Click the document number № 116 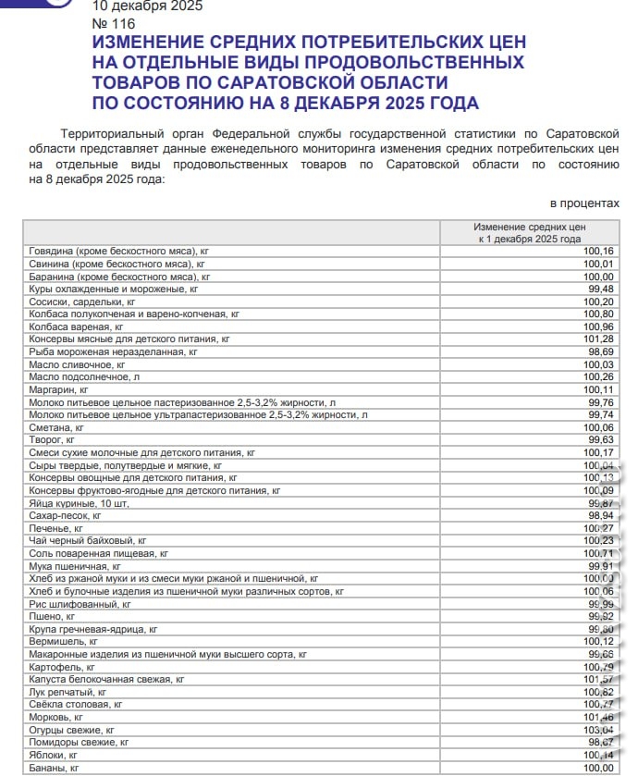point(115,22)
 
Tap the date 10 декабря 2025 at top point(148,6)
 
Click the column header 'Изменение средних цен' point(530,227)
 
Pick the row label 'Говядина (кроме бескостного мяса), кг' point(119,252)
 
